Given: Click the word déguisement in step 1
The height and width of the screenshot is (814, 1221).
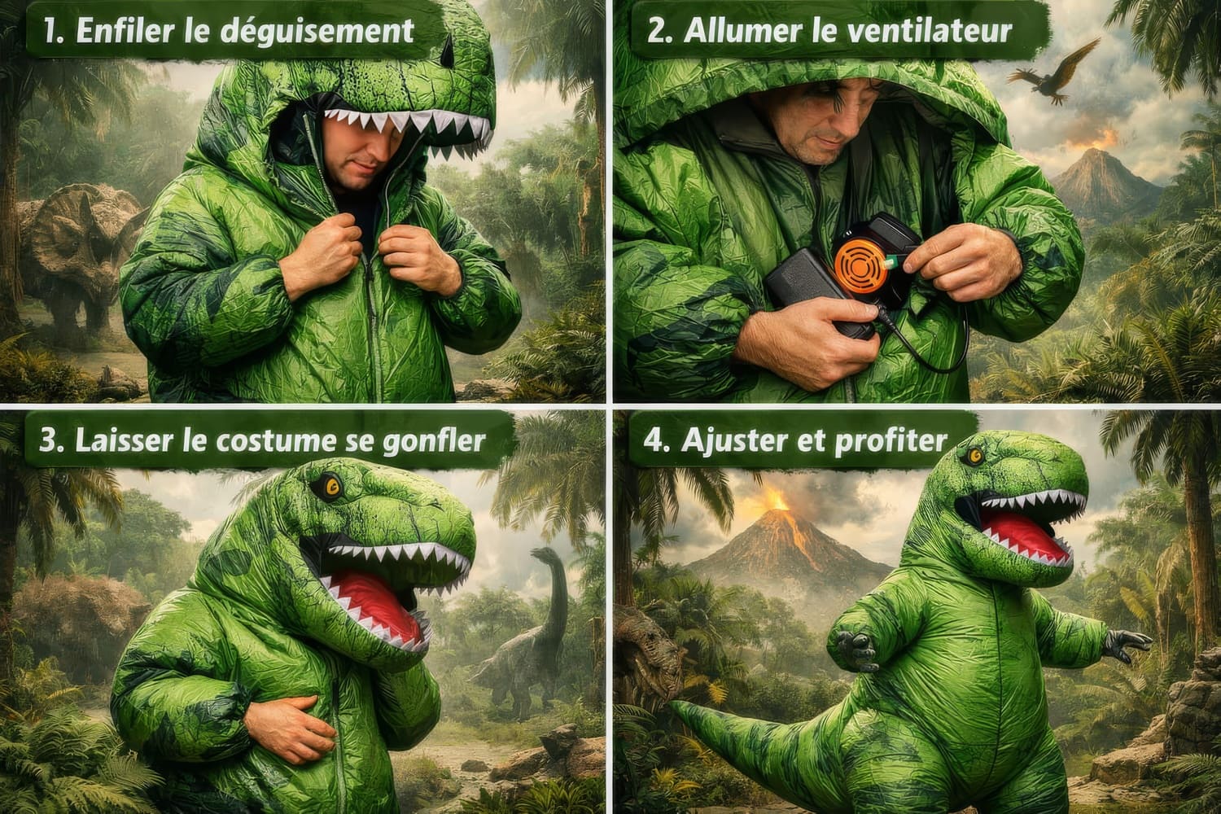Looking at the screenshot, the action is click(x=317, y=31).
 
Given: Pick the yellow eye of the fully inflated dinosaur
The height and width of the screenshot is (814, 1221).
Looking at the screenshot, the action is click(x=974, y=456).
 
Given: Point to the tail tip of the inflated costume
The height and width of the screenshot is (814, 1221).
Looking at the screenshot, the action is click(x=676, y=707).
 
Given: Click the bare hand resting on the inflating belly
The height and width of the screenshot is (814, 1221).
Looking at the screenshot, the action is click(x=289, y=728).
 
